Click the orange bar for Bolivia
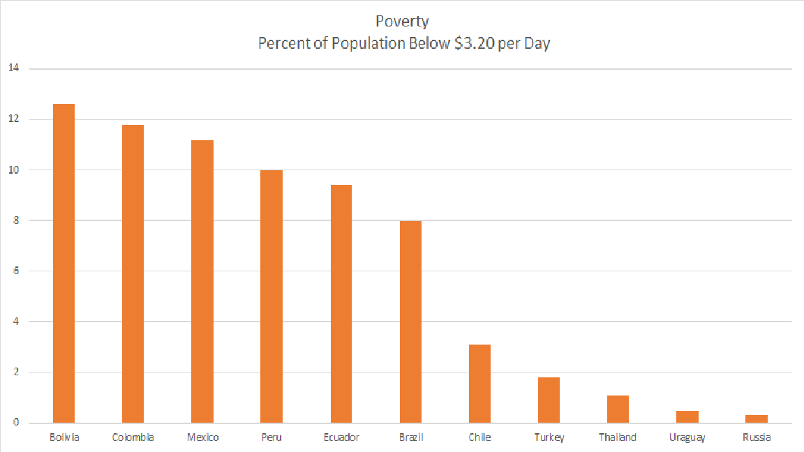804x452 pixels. [64, 264]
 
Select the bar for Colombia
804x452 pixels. [133, 274]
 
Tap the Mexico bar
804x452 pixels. [202, 282]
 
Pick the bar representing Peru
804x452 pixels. [271, 296]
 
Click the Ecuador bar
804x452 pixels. [341, 304]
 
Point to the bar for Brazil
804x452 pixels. [410, 322]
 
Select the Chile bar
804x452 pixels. [479, 384]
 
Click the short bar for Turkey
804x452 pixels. [549, 400]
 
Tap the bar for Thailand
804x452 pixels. [618, 409]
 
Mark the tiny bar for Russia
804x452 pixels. [757, 419]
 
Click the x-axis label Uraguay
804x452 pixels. [687, 437]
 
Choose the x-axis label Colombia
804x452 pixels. [133, 437]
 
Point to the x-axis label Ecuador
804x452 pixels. [341, 437]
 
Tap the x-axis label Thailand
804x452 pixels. [618, 437]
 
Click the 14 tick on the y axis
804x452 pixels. [14, 68]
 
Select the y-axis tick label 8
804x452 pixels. [14, 220]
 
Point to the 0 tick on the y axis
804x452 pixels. [14, 423]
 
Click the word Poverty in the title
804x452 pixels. [402, 22]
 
